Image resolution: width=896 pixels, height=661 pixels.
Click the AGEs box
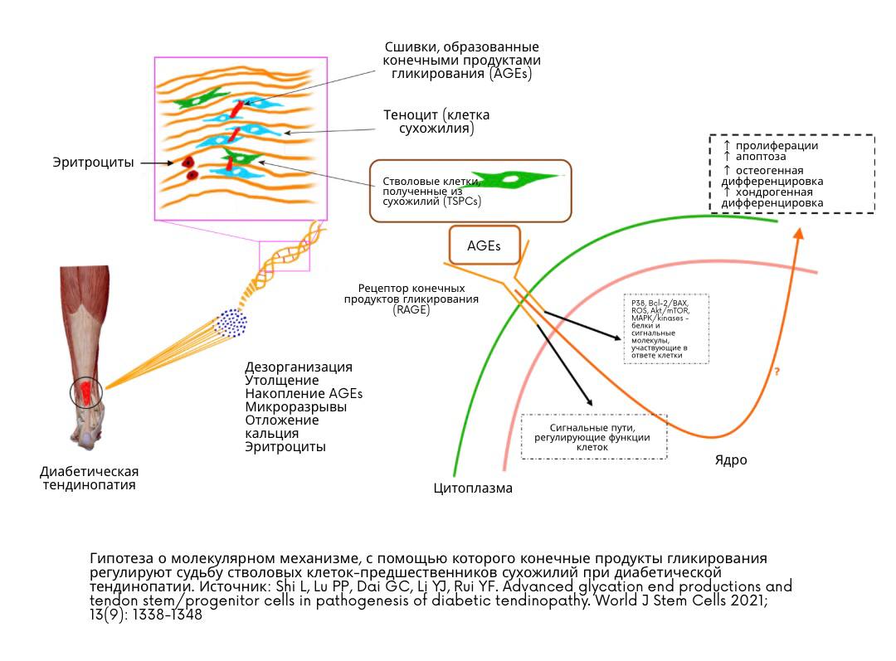pos(485,246)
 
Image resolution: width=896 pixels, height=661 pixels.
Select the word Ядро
pos(731,459)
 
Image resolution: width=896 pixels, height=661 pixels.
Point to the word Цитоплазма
pos(473,488)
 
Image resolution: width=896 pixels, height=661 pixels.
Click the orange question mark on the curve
pos(777,372)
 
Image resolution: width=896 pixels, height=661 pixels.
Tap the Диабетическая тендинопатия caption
pos(90,478)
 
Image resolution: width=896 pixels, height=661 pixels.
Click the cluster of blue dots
pos(229,322)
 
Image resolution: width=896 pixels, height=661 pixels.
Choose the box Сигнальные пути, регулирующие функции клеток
pos(592,436)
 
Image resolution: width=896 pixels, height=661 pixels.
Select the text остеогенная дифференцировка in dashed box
pos(773,175)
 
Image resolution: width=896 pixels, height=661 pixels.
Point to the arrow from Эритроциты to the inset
pos(155,163)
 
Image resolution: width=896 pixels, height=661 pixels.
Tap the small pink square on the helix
pos(285,255)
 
